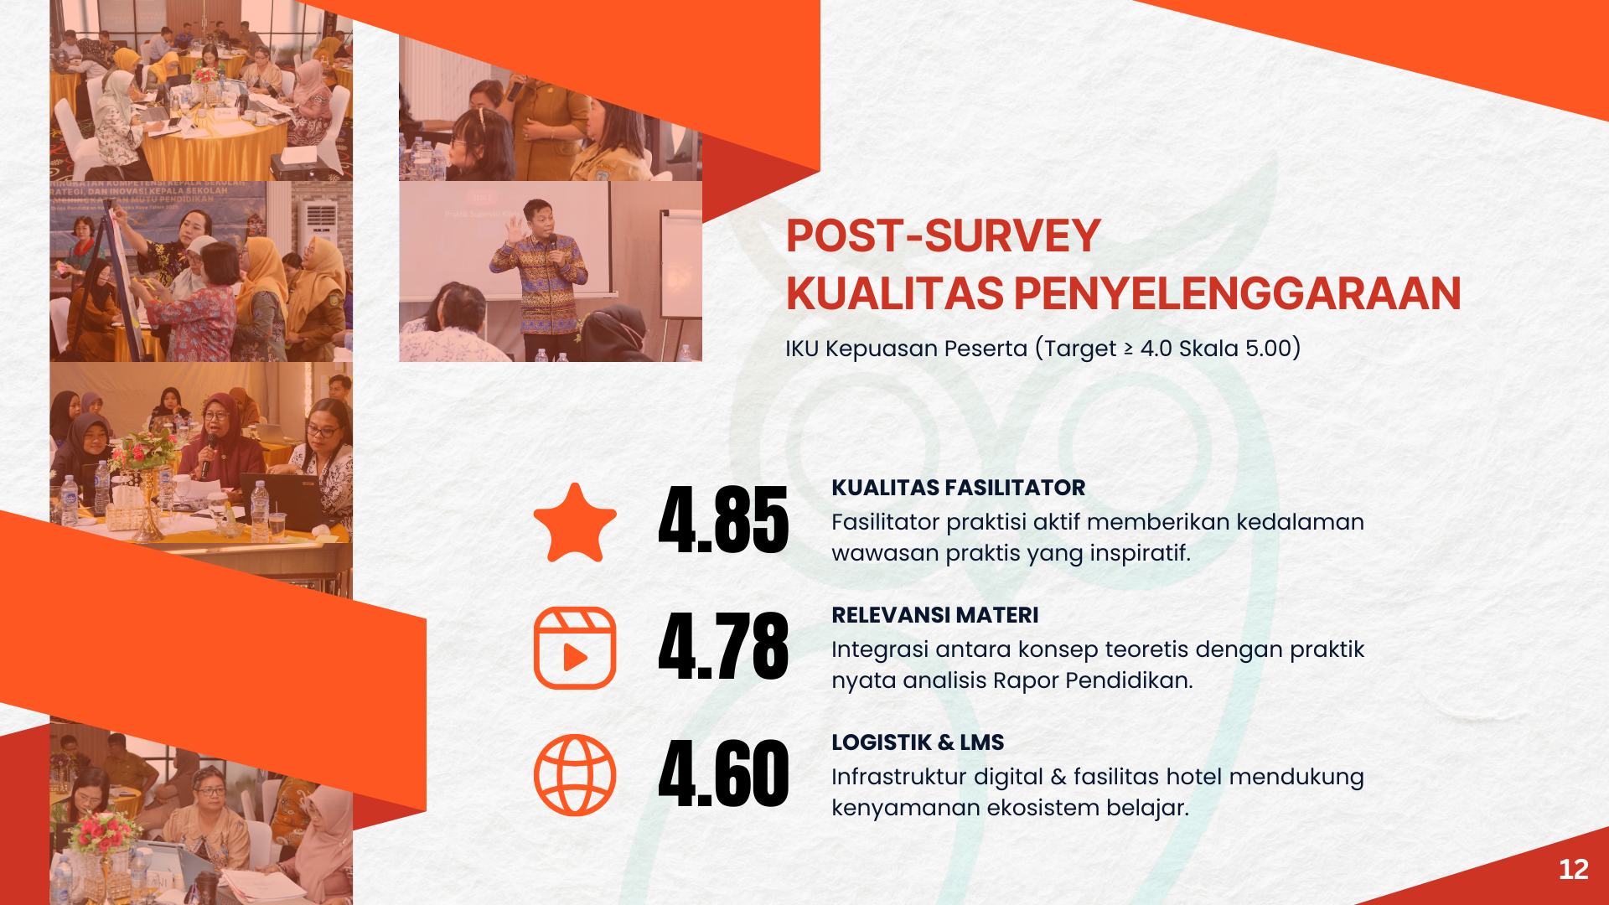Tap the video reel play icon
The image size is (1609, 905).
click(x=575, y=648)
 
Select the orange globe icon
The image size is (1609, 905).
click(x=575, y=775)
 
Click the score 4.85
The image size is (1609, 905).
click(x=723, y=520)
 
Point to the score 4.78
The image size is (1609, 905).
click(x=723, y=646)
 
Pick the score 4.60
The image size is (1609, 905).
click(x=723, y=773)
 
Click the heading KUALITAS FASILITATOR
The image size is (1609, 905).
click(x=958, y=488)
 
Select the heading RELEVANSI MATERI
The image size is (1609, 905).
click(x=934, y=615)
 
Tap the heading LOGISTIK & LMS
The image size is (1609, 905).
click(x=918, y=742)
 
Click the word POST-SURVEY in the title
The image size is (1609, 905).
click(x=943, y=235)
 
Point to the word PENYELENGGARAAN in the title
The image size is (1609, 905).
click(x=1237, y=293)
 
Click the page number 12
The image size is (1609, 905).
click(x=1573, y=870)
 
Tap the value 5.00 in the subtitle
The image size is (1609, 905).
click(x=1268, y=348)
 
